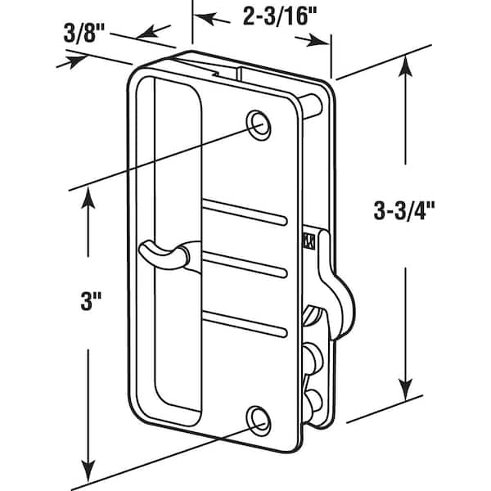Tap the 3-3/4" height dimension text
pyautogui.click(x=403, y=210)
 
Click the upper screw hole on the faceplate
pyautogui.click(x=261, y=123)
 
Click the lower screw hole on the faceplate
pyautogui.click(x=260, y=418)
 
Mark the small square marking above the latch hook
pyautogui.click(x=308, y=240)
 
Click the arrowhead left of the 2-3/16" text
pyautogui.click(x=205, y=16)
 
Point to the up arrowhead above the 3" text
pyautogui.click(x=88, y=197)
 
